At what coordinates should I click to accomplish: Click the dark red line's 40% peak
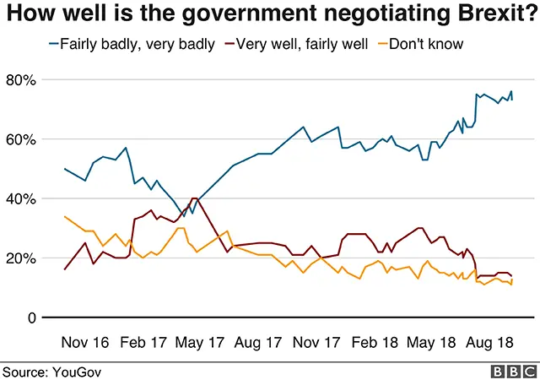[x=195, y=199]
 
